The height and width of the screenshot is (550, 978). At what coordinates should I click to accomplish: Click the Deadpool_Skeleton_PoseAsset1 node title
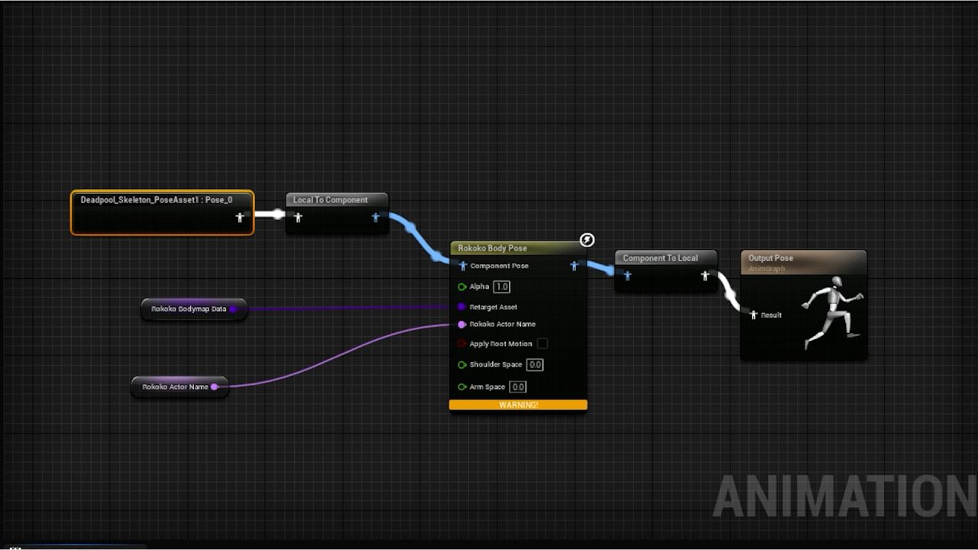pos(156,200)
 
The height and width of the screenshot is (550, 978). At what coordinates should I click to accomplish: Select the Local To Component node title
pos(330,200)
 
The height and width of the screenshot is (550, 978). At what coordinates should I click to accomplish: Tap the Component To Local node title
pos(660,258)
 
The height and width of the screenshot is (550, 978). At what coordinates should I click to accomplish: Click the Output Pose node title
pos(770,258)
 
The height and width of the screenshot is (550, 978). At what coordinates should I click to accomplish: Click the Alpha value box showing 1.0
pos(501,286)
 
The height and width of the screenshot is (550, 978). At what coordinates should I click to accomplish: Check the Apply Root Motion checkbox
pos(542,344)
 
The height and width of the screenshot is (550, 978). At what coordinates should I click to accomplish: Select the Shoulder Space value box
pos(535,364)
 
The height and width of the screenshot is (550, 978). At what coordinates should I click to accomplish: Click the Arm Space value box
pos(518,387)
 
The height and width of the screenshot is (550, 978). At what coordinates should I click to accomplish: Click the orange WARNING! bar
pos(518,405)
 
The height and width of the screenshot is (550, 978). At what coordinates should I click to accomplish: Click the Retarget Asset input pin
pos(461,307)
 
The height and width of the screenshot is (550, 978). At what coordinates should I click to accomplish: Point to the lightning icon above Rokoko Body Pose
pos(587,240)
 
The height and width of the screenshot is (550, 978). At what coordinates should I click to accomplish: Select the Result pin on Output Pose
pos(753,315)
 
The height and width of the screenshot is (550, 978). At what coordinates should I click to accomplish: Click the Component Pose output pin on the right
pos(575,266)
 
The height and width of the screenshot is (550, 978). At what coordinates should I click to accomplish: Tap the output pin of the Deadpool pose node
pos(240,218)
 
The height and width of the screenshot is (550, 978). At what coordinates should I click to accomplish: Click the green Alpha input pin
pos(461,287)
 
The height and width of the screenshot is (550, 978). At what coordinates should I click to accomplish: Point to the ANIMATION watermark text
pos(844,497)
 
